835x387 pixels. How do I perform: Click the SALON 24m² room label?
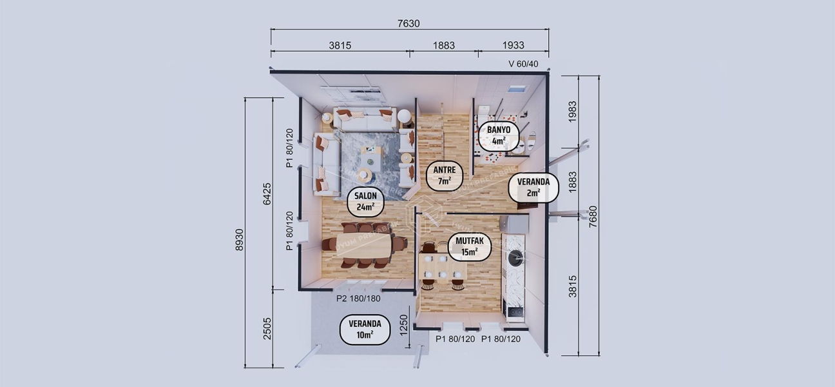point(365,201)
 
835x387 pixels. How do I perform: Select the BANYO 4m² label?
point(498,135)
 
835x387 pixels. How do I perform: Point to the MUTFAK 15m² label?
point(469,247)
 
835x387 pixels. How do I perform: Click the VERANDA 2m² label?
point(533,187)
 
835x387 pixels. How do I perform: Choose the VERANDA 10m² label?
point(365,330)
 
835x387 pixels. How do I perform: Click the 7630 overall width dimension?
point(408,24)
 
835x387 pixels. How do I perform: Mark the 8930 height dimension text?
point(240,239)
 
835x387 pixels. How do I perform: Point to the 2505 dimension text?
point(267,329)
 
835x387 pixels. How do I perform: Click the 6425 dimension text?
point(267,193)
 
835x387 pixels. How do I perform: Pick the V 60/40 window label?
point(523,63)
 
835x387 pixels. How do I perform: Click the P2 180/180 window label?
point(358,299)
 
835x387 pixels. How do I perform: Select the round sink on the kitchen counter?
point(515,257)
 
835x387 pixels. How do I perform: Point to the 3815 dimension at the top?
point(340,46)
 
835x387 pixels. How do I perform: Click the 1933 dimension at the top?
point(512,46)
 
